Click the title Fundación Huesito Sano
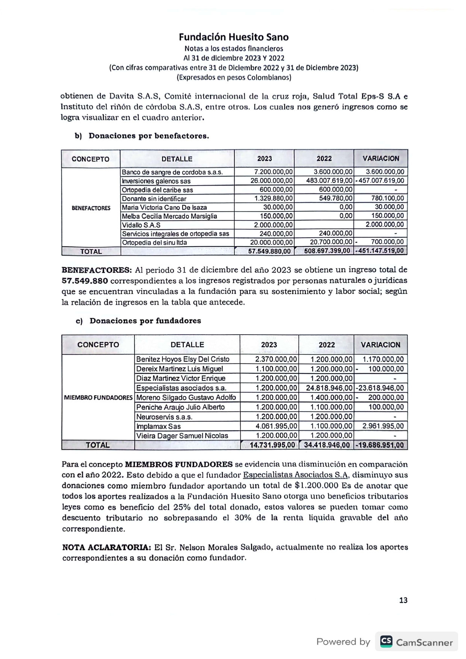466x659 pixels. (233, 37)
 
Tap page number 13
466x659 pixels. (403, 600)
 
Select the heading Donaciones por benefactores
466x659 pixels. (148, 136)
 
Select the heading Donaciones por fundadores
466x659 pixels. (145, 321)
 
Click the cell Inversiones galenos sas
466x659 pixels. (156, 181)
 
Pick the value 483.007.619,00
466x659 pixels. (329, 181)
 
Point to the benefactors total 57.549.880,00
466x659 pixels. (269, 251)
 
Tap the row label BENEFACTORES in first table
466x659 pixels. (91, 208)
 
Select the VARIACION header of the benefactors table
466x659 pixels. (381, 158)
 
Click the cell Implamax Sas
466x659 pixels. (158, 426)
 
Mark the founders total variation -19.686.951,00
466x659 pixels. (380, 445)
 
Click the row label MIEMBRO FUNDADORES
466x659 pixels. (98, 398)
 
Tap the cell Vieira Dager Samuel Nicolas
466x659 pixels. (182, 436)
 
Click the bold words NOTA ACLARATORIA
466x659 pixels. (106, 547)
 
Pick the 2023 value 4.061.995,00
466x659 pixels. (276, 426)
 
